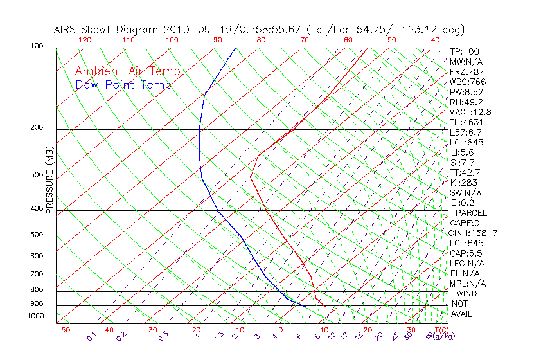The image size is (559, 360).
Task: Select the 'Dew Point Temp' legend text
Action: pos(123,85)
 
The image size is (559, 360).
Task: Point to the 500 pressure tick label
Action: pos(37,235)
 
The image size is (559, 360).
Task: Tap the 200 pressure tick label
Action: pos(37,127)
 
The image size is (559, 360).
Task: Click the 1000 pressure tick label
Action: pos(35,316)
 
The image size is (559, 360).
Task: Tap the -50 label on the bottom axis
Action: pos(62,330)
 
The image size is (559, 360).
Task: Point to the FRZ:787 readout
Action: pos(467,71)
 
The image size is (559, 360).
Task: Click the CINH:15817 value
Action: pos(474,233)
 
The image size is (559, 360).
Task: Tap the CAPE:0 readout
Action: pos(465,223)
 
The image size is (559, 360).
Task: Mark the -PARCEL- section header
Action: pos(471,213)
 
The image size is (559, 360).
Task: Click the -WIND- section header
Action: pos(467,293)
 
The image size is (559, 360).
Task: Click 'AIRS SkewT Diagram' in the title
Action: pos(106,30)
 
